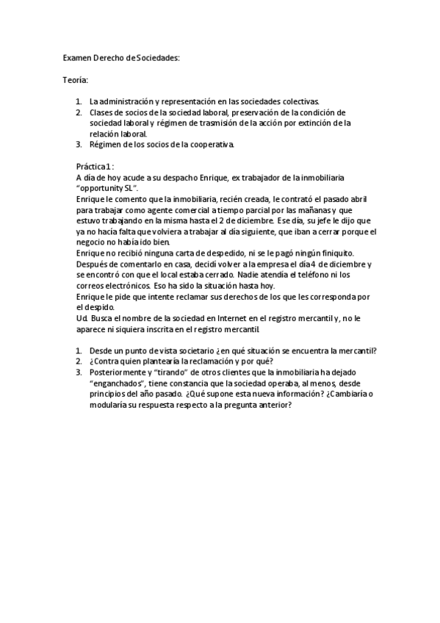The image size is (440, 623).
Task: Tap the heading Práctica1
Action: tap(95, 167)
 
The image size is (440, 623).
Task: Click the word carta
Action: tap(167, 253)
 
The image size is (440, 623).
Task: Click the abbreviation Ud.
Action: tap(82, 318)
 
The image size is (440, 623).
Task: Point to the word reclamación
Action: tap(201, 361)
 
